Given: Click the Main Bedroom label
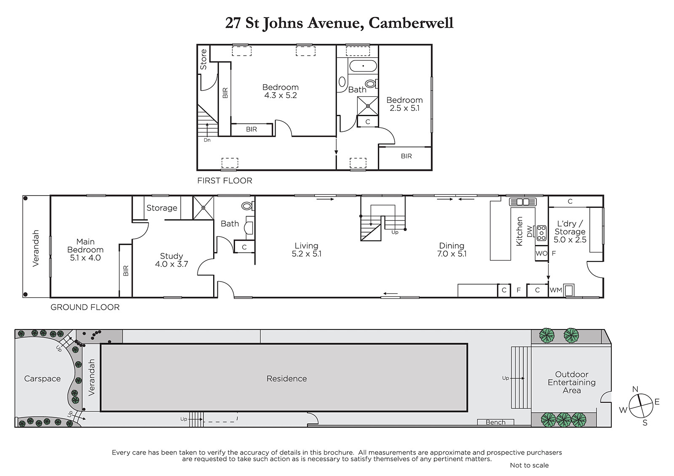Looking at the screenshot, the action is click(86, 250).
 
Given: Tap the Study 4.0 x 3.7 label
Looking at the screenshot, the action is click(171, 260).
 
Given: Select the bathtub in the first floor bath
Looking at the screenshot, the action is click(363, 66).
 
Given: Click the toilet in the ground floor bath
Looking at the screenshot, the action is click(248, 206).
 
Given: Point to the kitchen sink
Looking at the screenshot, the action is click(523, 202).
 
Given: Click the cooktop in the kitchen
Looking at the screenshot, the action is click(541, 233).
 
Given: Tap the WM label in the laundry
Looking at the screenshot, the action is click(556, 290).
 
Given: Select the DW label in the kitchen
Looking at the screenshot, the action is click(530, 231).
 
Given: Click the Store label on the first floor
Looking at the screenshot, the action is click(204, 59).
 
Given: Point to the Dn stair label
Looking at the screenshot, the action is click(207, 140).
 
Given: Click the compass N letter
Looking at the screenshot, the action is click(635, 389).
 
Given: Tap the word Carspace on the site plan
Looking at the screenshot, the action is click(43, 379).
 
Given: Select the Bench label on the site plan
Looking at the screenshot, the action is click(495, 422).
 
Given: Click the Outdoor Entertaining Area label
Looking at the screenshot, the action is click(571, 383).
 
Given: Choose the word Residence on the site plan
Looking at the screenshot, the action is click(287, 379).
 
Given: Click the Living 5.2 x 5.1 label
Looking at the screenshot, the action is click(307, 250).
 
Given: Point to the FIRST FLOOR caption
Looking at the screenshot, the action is click(225, 181).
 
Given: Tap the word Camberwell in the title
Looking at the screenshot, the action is click(411, 23).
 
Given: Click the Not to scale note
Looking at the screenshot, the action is click(529, 465).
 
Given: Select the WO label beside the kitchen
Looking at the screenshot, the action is click(541, 253).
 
